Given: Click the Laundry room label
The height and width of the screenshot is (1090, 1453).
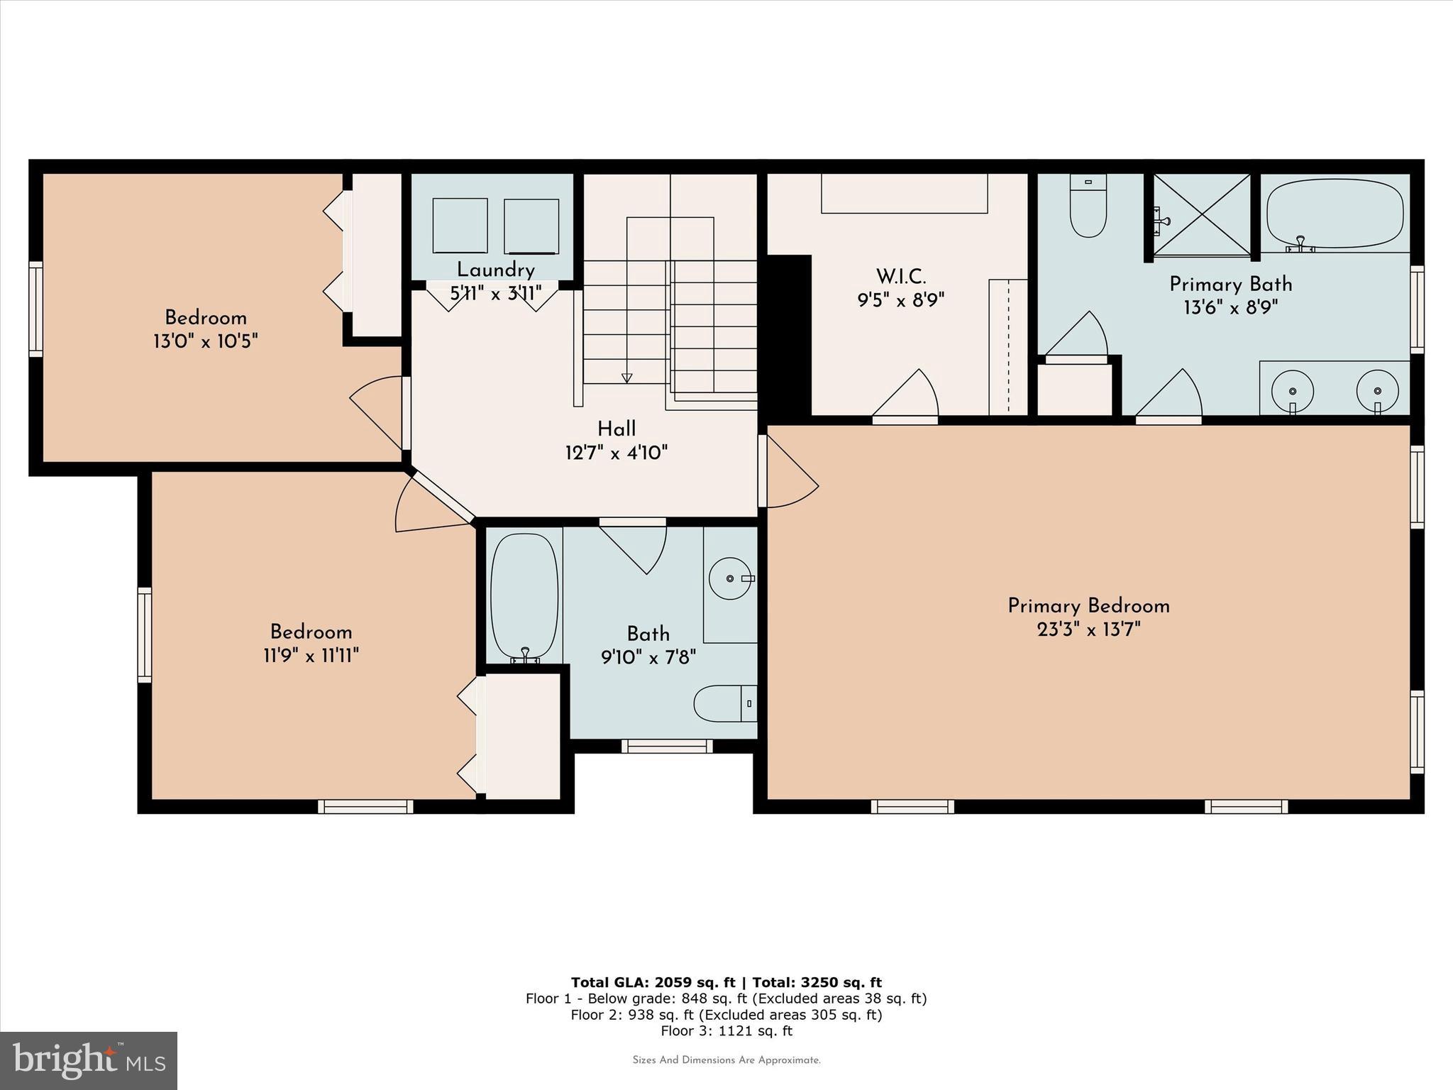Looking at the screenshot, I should pos(495,270).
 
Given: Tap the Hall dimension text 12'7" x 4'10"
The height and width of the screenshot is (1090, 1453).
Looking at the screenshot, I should pos(616,452).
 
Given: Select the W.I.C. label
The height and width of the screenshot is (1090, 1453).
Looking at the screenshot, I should pos(901,276).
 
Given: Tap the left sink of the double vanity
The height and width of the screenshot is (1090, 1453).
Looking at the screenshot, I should pos(1293,391).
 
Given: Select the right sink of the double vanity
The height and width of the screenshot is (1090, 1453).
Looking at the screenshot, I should pos(1377,391).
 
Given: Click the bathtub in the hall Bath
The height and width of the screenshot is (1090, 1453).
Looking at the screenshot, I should pos(524,595).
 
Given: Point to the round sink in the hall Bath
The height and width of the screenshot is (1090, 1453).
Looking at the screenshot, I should pos(730,579).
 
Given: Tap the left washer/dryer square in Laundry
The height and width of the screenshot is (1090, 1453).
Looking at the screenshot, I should pos(460,225).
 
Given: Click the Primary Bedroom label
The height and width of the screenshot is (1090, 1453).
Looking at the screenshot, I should pos(1088,606).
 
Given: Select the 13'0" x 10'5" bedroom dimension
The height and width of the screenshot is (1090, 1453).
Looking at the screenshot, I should pos(205,341).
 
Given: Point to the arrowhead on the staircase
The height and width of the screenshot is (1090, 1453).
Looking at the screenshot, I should pos(626,378).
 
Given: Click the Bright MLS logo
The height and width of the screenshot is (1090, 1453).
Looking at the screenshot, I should pos(88,1060).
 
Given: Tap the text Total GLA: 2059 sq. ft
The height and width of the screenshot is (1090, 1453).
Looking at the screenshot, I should pos(653,982).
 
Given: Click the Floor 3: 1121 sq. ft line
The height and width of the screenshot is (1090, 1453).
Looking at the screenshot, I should pos(726,1031).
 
